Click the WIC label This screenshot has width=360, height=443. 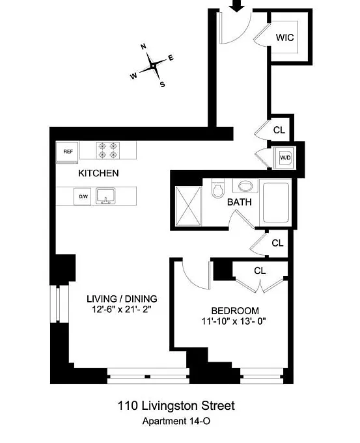[284, 37]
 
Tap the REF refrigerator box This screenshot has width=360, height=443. [67, 152]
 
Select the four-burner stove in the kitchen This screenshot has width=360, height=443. [108, 150]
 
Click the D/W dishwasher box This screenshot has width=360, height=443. [83, 196]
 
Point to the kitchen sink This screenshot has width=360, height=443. [105, 196]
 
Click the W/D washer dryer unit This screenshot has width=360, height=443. [285, 157]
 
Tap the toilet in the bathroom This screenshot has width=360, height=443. [217, 188]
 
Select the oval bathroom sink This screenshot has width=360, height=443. [245, 186]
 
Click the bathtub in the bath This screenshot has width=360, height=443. [276, 202]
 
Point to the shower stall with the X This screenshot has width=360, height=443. [188, 206]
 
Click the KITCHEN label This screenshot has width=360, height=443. [98, 173]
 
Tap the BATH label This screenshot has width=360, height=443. [240, 202]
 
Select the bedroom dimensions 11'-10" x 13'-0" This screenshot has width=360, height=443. [234, 321]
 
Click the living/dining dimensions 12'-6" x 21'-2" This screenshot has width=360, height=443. [122, 310]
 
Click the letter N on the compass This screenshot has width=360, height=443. [144, 47]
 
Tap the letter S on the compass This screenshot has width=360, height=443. [162, 84]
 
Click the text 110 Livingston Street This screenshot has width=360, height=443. [176, 406]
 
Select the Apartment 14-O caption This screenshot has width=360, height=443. [176, 421]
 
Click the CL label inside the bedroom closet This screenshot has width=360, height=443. [260, 271]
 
